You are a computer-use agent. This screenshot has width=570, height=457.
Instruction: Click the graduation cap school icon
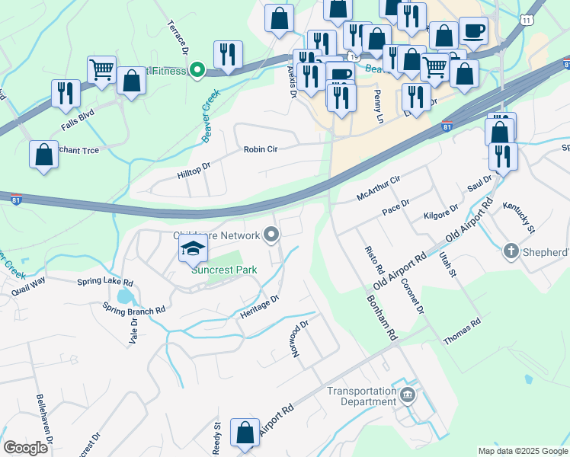point(193,249)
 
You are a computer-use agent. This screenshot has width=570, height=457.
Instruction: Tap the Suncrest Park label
point(224,270)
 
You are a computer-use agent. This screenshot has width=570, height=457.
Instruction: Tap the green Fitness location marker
point(197,71)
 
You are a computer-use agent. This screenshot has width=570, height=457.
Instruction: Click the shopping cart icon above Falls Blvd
point(101,70)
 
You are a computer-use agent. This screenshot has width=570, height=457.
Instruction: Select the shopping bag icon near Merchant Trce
point(44,155)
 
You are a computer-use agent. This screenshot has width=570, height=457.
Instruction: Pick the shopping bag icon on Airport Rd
point(245,433)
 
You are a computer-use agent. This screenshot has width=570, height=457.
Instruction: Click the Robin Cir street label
point(261,150)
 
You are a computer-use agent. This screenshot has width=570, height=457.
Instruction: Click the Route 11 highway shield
point(526,19)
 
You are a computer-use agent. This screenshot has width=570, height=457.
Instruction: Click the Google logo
point(26,448)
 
